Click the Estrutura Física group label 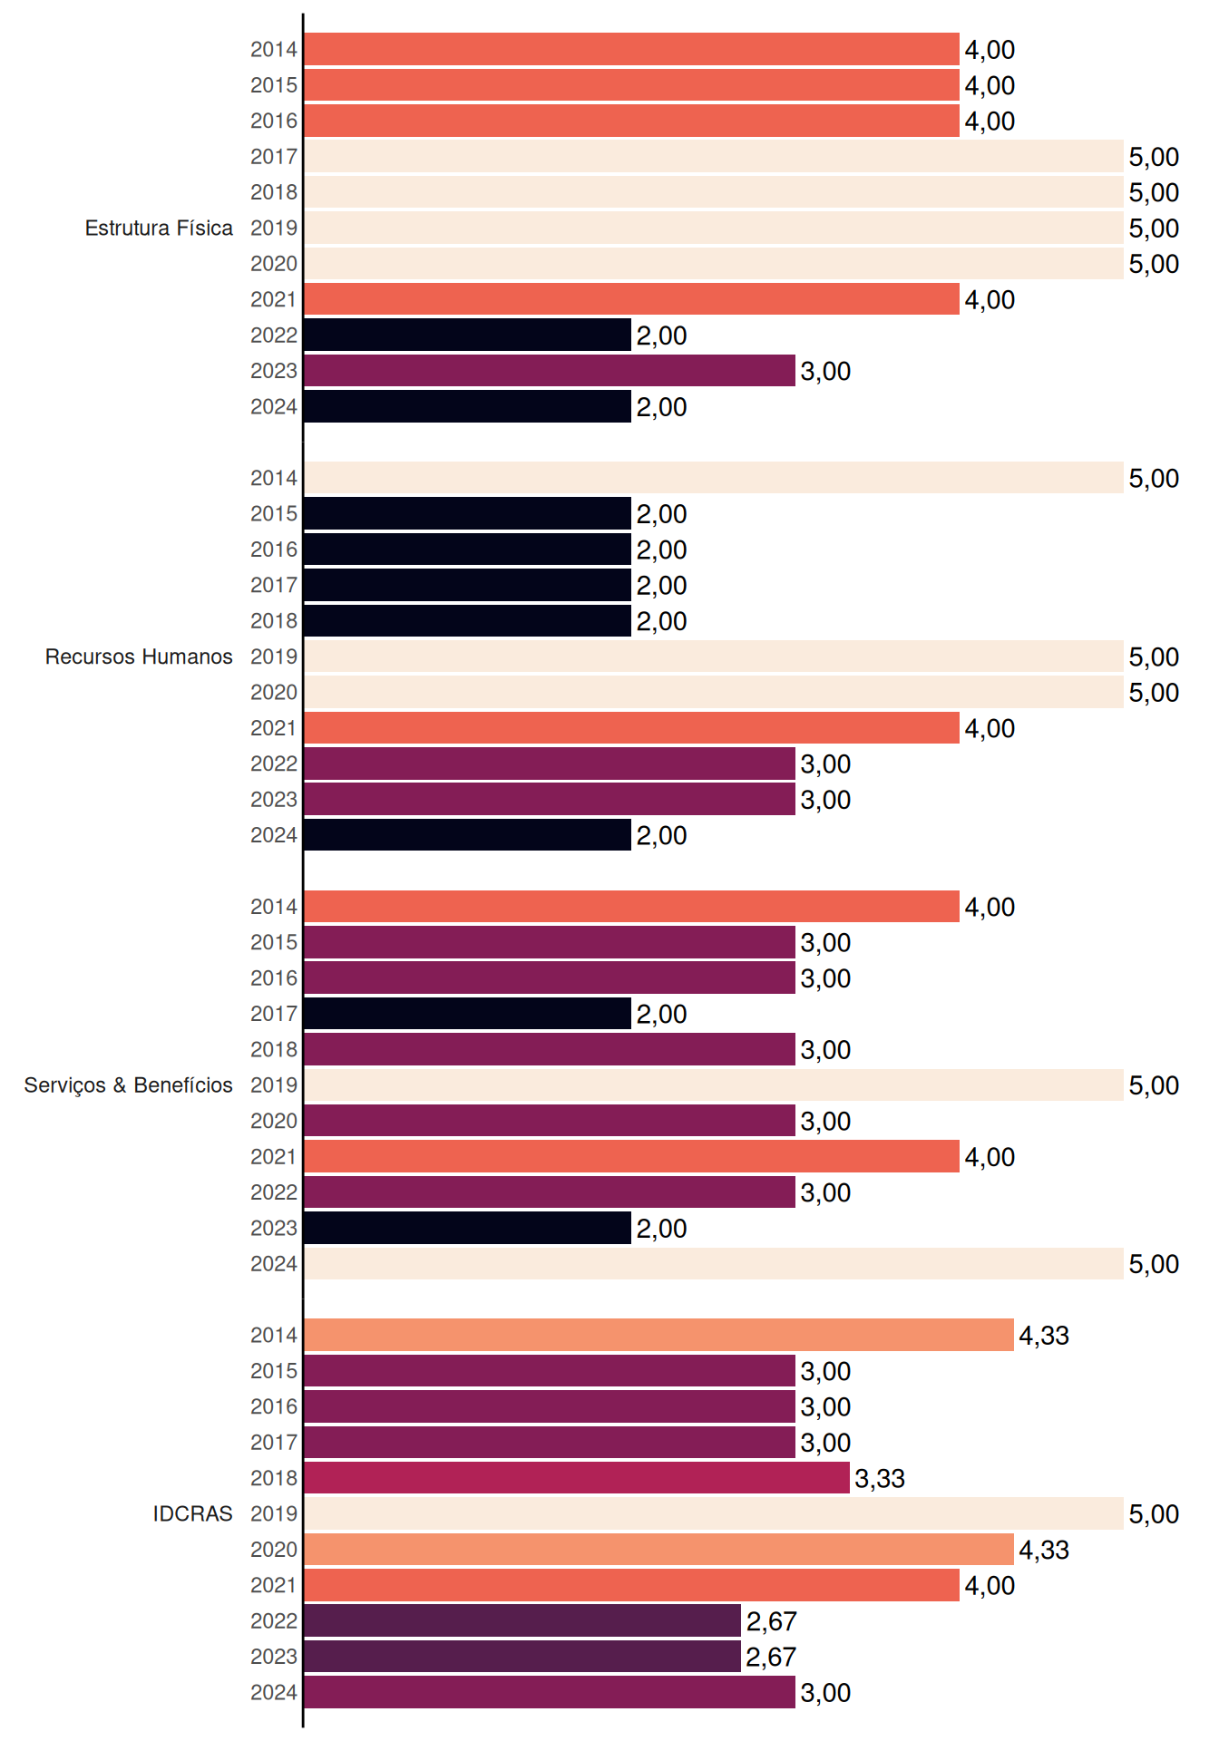point(159,228)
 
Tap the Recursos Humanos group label point(139,657)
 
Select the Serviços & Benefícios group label point(128,1085)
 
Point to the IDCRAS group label point(192,1513)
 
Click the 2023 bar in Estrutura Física point(550,371)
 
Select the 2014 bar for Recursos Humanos point(714,478)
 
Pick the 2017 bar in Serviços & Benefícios point(468,1014)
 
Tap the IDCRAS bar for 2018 point(577,1478)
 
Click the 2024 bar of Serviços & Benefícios point(714,1264)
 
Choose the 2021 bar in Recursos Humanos point(632,728)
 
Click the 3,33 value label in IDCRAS point(880,1479)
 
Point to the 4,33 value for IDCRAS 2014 point(1044,1336)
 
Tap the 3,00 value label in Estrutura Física point(825,372)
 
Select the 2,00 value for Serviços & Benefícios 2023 point(661,1229)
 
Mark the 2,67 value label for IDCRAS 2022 point(771,1621)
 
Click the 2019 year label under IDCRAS point(274,1513)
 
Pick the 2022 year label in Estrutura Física point(274,336)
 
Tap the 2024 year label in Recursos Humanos point(274,835)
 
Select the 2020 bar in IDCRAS point(659,1550)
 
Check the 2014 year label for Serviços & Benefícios point(274,907)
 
